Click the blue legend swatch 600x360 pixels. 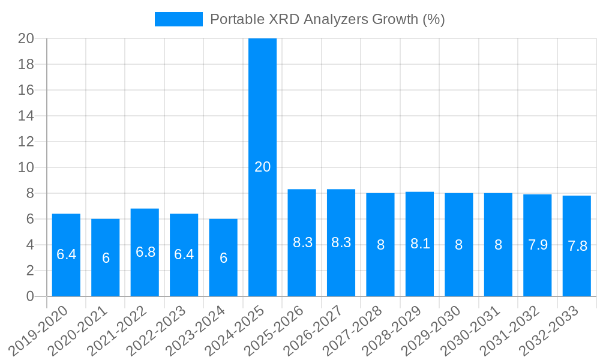pyautogui.click(x=178, y=19)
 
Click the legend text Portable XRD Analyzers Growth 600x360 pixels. pyautogui.click(x=327, y=19)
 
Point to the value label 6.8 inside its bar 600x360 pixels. pyautogui.click(x=145, y=252)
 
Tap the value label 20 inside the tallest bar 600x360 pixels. pyautogui.click(x=263, y=167)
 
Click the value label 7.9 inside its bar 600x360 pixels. pyautogui.click(x=538, y=245)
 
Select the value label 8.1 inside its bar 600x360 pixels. pyautogui.click(x=420, y=244)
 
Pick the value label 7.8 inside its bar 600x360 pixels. pyautogui.click(x=577, y=246)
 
